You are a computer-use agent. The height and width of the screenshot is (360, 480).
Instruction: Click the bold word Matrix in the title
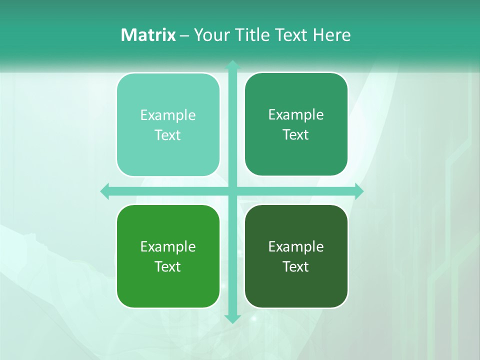coord(148,35)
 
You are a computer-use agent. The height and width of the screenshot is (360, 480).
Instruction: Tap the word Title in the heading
coord(253,35)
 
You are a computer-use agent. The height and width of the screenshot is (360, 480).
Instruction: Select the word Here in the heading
coord(331,35)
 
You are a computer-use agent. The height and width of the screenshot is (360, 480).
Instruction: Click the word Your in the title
coord(212,35)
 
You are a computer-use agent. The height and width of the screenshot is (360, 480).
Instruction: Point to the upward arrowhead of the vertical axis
coord(232,65)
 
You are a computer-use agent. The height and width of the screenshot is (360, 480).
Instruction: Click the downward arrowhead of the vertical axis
coord(232,318)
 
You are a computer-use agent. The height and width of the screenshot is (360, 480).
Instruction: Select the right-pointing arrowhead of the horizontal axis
coord(358,191)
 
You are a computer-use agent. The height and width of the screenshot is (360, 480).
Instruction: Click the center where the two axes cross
coord(232,191)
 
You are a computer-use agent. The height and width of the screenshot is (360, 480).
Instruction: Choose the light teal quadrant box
coord(168,124)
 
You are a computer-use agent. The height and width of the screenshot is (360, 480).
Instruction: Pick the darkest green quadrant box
coord(296,256)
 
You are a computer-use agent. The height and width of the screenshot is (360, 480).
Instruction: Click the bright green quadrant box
coord(168,256)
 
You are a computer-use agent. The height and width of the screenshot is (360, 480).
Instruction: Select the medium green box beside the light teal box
coord(296,124)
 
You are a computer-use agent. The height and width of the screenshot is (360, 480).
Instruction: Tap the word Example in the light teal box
coord(168,115)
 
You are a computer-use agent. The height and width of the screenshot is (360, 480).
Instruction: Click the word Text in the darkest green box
coord(296,267)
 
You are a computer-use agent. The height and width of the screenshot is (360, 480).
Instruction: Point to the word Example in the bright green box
coord(168,247)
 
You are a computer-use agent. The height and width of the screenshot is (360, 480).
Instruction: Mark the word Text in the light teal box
coord(168,135)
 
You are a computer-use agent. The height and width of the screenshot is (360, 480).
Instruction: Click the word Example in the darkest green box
coord(296,247)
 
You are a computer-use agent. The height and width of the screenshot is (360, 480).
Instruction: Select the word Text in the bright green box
coord(168,267)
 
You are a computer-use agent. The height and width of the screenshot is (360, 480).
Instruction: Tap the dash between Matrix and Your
coord(184,35)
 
